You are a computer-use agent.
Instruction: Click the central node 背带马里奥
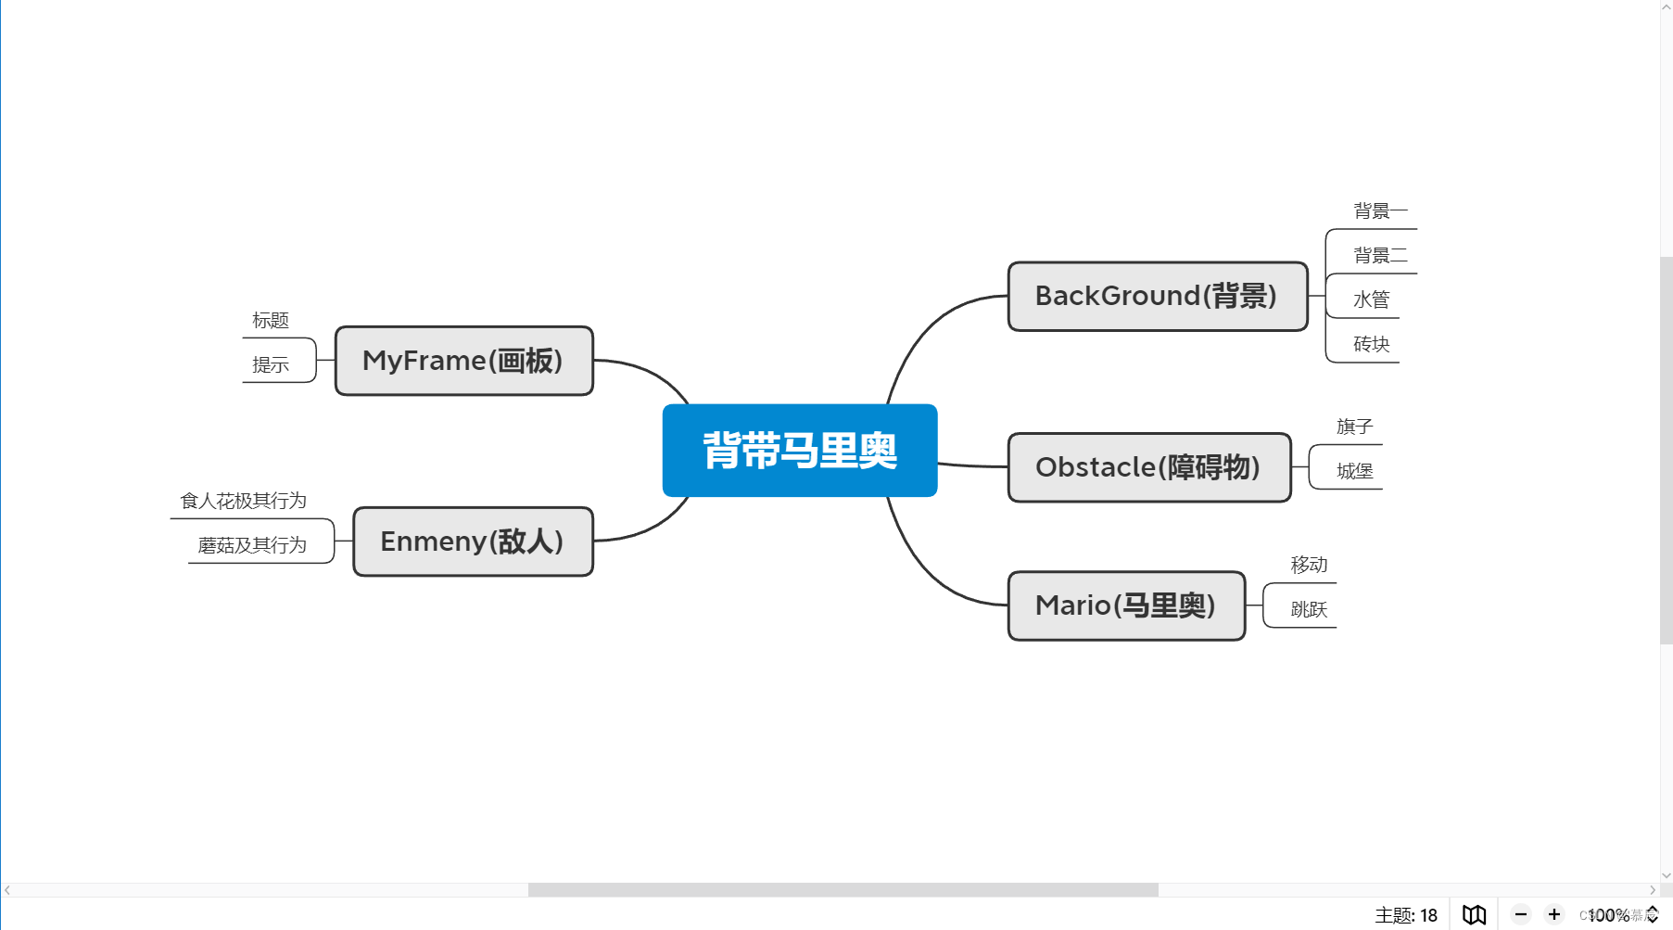[799, 451]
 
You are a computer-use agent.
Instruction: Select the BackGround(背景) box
[1157, 297]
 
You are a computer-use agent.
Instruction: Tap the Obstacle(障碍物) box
[1148, 467]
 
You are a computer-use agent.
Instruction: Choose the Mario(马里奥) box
[1125, 605]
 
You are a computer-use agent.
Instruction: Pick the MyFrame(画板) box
[463, 361]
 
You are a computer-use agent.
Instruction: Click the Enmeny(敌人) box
[473, 541]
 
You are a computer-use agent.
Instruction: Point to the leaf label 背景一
[1380, 211]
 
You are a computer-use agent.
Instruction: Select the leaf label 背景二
[1380, 256]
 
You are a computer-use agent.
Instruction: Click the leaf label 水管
[1371, 300]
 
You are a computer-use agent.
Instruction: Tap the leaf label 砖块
[1371, 345]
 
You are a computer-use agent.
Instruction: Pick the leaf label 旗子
[1354, 427]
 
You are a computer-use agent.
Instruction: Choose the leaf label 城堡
[1354, 471]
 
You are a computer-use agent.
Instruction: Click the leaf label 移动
[1309, 565]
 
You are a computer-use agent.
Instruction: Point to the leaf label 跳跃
[1309, 609]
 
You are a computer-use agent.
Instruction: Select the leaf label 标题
[271, 321]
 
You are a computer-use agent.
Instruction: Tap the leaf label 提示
[271, 365]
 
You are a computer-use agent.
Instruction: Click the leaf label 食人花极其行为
[243, 501]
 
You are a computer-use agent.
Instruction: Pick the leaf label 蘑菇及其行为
[252, 545]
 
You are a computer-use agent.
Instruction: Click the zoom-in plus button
[1554, 914]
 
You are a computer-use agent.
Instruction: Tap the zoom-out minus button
[1521, 914]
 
